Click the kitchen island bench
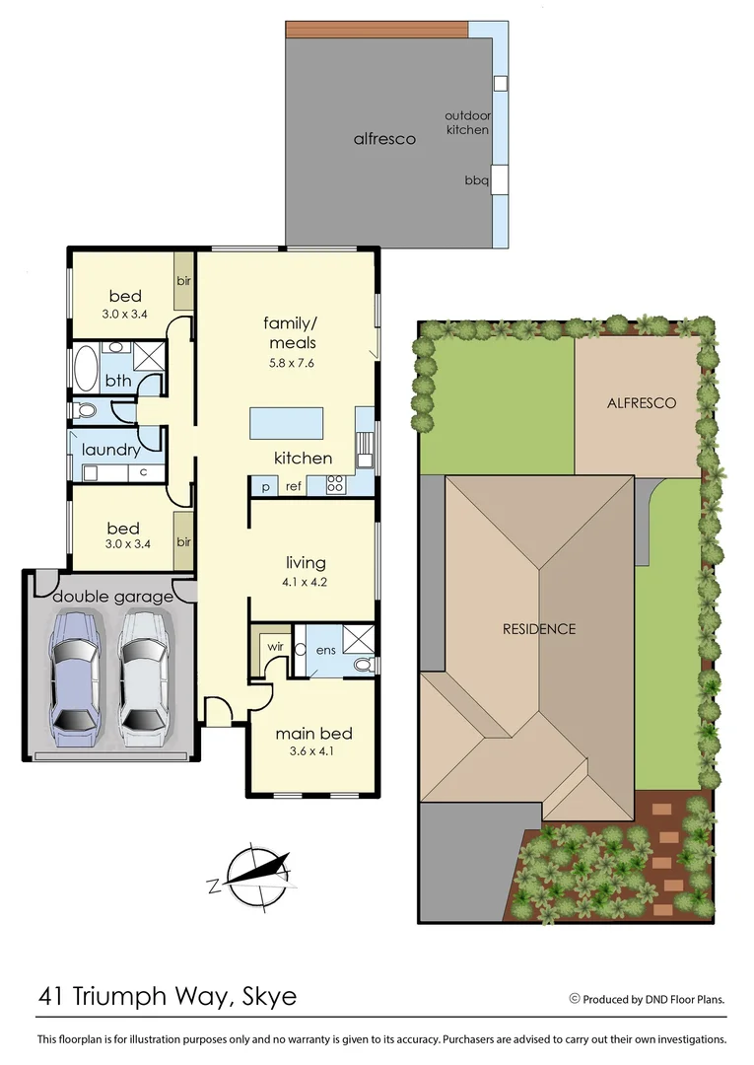click(x=289, y=423)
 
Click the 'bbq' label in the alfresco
click(x=477, y=180)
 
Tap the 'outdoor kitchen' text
click(x=468, y=122)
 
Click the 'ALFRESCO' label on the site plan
click(x=641, y=403)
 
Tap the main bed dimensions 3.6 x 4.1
click(x=313, y=752)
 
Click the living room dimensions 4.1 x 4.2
click(x=306, y=582)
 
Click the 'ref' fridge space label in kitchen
click(x=293, y=486)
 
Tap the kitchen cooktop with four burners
click(x=335, y=484)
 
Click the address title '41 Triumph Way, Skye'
click(x=168, y=996)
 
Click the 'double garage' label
click(x=112, y=597)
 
